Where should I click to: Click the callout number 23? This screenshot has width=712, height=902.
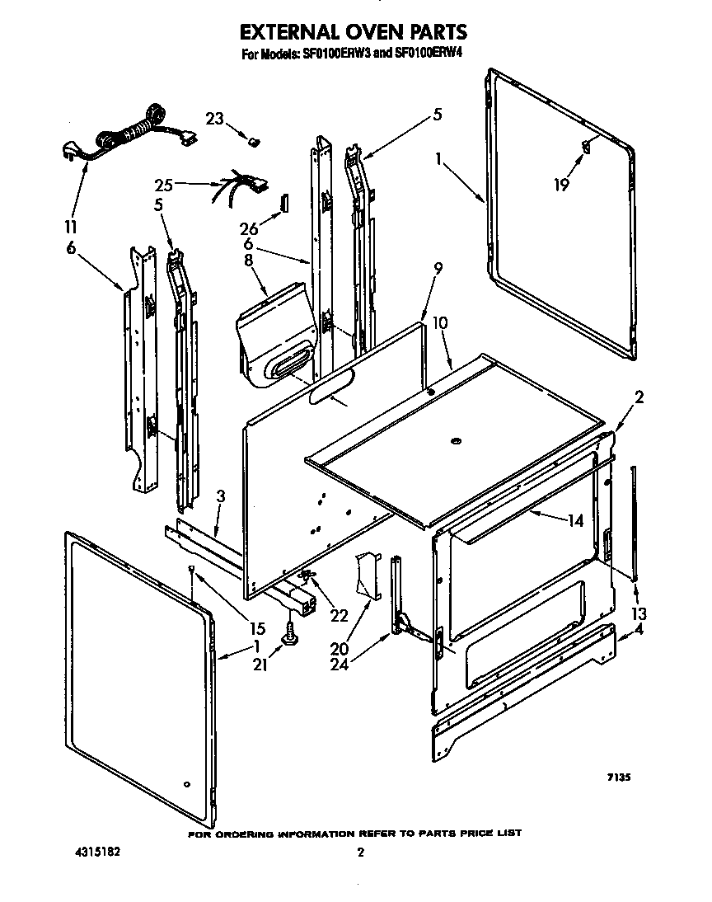tap(214, 119)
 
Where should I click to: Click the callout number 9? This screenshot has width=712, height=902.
tap(438, 268)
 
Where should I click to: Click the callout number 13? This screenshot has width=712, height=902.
tap(639, 613)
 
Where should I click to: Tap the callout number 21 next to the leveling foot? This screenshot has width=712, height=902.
tap(260, 665)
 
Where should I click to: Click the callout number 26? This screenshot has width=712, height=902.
tap(250, 230)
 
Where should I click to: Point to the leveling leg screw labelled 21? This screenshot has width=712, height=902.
tap(291, 633)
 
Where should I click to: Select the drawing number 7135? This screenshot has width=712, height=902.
tap(619, 777)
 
